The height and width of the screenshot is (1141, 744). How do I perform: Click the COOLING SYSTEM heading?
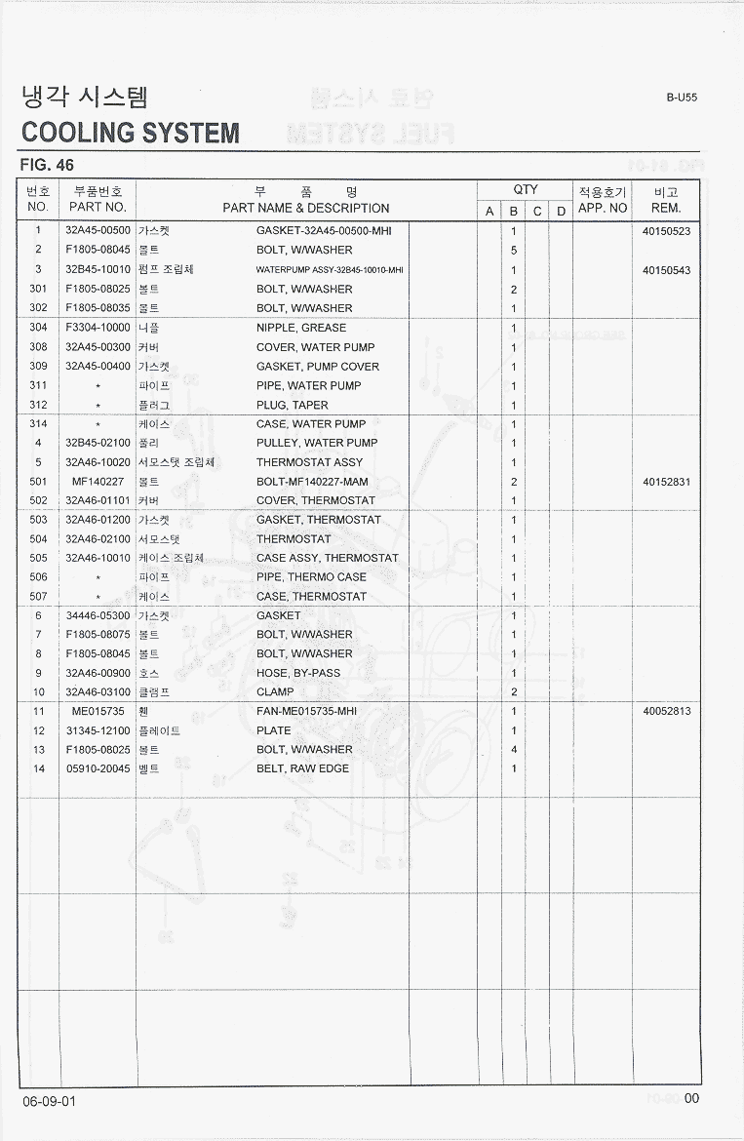click(x=130, y=133)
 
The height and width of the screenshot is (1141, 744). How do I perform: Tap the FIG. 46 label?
click(x=47, y=165)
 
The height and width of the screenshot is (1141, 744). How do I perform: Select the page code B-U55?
click(x=682, y=98)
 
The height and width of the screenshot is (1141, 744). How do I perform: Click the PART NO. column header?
click(x=98, y=208)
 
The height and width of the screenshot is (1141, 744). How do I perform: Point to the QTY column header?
click(x=526, y=190)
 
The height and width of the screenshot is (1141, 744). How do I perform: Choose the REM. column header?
click(x=666, y=208)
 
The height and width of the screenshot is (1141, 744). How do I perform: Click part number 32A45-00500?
click(x=98, y=232)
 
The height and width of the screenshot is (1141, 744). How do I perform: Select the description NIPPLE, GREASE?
click(x=301, y=328)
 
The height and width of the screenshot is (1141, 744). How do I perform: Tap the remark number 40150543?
click(x=667, y=270)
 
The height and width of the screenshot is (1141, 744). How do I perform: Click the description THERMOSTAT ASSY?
click(x=309, y=462)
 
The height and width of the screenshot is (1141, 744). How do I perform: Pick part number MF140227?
click(x=98, y=482)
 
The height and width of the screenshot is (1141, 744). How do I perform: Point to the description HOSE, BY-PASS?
click(x=298, y=673)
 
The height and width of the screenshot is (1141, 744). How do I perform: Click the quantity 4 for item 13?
click(x=514, y=750)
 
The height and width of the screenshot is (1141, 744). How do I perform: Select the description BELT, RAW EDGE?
click(x=302, y=769)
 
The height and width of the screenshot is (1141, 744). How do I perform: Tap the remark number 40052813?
click(x=667, y=711)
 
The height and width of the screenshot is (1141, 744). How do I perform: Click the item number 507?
click(x=38, y=596)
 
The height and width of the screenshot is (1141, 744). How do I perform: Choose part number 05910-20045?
click(x=98, y=769)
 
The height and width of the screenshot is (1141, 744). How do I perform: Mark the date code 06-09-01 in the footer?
click(x=48, y=1101)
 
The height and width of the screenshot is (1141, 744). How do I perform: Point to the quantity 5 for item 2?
click(x=514, y=251)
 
